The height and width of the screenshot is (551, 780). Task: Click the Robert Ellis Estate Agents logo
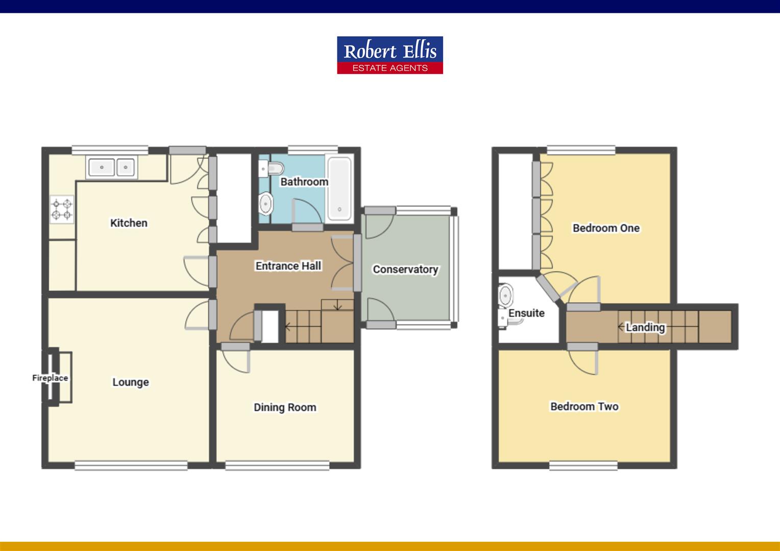(x=389, y=55)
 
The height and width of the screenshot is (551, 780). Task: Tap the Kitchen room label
(x=129, y=223)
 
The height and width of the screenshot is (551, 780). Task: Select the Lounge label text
(x=131, y=382)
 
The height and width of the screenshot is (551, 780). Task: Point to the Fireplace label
(x=50, y=378)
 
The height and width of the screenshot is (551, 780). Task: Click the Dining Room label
(x=285, y=407)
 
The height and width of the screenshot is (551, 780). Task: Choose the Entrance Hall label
(x=288, y=266)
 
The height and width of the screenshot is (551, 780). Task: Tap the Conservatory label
(x=405, y=269)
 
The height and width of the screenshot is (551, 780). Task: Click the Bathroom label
(x=304, y=182)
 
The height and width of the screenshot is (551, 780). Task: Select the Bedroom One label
(x=606, y=228)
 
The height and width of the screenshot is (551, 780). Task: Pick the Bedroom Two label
(x=584, y=407)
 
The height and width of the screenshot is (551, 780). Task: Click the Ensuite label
(x=526, y=313)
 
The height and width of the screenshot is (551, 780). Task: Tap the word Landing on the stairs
(x=645, y=328)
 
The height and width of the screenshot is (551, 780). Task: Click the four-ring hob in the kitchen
(x=61, y=210)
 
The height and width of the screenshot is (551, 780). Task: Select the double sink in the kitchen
(x=111, y=167)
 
